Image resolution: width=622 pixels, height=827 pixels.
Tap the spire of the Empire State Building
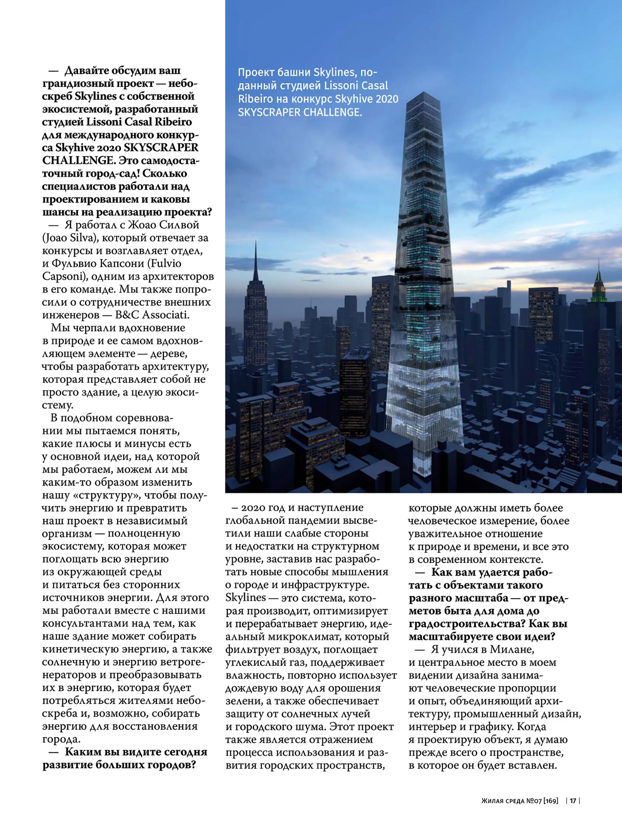pos(256,258)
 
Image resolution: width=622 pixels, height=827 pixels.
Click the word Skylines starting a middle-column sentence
pos(246,597)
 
